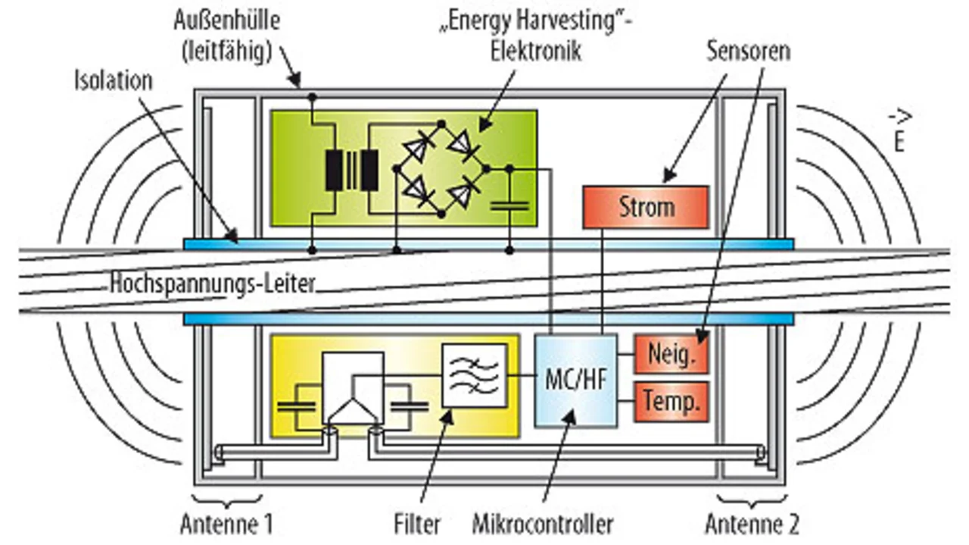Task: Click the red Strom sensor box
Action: click(x=646, y=207)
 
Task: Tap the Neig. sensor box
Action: click(x=671, y=354)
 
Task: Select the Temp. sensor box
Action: click(x=671, y=402)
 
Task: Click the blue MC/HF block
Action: click(x=576, y=381)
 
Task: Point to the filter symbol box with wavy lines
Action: click(x=474, y=376)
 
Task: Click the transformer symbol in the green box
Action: click(x=352, y=170)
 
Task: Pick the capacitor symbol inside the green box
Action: click(x=509, y=205)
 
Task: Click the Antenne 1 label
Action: click(x=226, y=524)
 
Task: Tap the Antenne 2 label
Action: click(x=752, y=524)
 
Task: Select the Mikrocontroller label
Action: click(x=543, y=524)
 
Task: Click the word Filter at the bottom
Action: click(x=417, y=524)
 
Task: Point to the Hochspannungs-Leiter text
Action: click(x=213, y=283)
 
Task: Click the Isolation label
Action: click(x=114, y=80)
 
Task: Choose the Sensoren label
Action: click(x=749, y=51)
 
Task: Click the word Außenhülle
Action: click(x=227, y=20)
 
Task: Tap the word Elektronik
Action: click(x=535, y=51)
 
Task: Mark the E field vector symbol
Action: click(x=900, y=131)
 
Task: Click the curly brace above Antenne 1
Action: click(x=227, y=501)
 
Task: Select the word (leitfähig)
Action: click(x=227, y=52)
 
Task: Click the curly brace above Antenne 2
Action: click(x=752, y=501)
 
